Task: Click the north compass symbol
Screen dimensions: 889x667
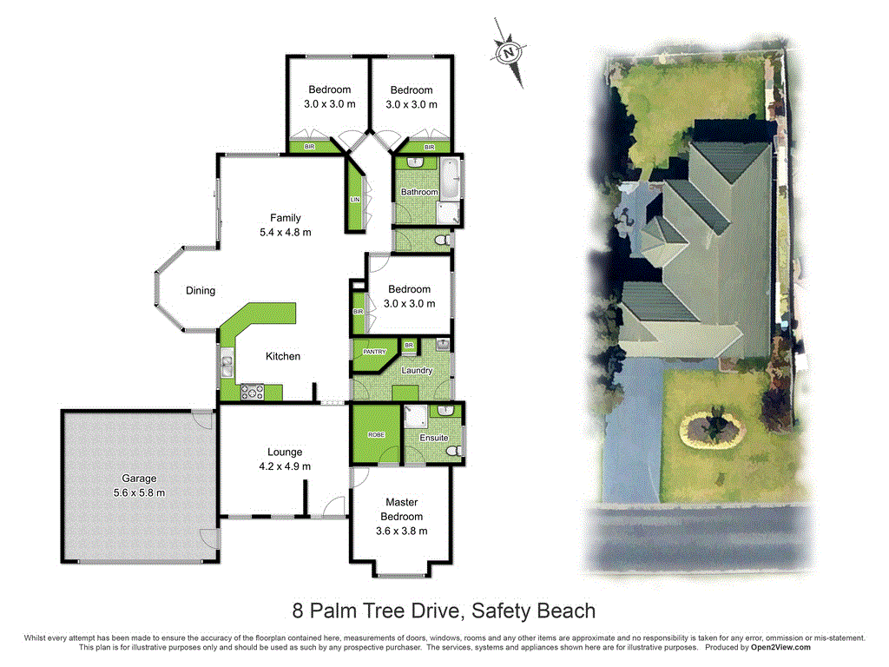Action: point(509,53)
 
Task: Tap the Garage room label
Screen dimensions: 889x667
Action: point(139,479)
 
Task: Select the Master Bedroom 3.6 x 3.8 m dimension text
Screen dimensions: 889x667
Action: point(401,532)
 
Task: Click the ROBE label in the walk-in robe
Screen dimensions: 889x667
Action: point(377,435)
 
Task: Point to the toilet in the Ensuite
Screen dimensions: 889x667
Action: point(453,451)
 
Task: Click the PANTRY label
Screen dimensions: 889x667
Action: point(374,353)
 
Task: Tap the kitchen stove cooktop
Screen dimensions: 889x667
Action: point(252,392)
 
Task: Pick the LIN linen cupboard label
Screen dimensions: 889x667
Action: point(355,200)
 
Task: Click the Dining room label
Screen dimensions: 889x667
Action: point(201,291)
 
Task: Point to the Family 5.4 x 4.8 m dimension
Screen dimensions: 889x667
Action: point(285,233)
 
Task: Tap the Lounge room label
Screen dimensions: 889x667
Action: point(285,452)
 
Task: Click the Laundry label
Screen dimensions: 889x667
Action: point(417,370)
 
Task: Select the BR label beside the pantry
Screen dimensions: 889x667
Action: point(409,346)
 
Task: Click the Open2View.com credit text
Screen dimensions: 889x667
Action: point(780,648)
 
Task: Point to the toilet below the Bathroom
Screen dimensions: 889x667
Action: point(442,241)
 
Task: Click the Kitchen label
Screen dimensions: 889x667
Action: point(283,356)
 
